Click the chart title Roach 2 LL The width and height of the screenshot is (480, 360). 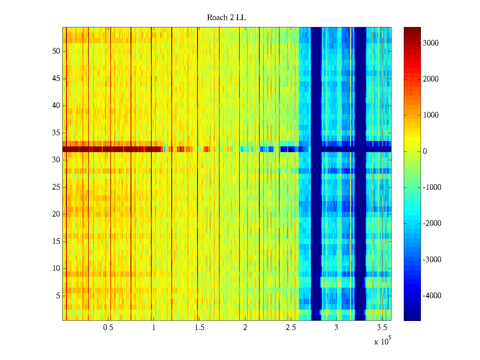(x=226, y=18)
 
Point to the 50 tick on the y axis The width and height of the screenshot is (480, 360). (x=56, y=51)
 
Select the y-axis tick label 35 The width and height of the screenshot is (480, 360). (x=56, y=133)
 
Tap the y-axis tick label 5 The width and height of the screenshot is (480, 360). (x=58, y=296)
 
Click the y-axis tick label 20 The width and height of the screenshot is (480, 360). (x=56, y=214)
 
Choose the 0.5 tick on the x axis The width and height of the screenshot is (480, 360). (x=108, y=328)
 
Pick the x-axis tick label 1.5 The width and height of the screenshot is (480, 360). (x=199, y=328)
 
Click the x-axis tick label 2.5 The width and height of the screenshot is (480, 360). (x=290, y=328)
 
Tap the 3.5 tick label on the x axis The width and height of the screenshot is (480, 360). (x=382, y=328)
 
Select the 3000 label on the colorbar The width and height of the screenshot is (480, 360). (x=430, y=43)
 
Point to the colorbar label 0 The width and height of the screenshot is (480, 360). (x=425, y=151)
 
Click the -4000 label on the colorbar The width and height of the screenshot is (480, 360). (x=432, y=296)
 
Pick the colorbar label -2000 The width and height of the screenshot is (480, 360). (x=432, y=223)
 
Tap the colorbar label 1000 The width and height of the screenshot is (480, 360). (x=430, y=115)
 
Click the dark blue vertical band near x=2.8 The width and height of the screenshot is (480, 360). (x=316, y=210)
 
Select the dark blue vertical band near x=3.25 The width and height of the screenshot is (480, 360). (x=360, y=210)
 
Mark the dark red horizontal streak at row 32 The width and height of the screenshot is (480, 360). (x=111, y=149)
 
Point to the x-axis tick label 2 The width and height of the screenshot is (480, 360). (x=245, y=328)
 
